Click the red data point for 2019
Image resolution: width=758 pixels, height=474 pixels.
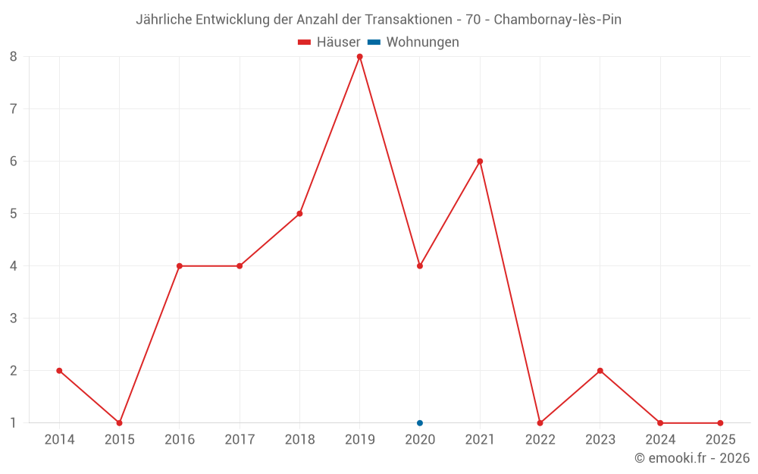tap(359, 56)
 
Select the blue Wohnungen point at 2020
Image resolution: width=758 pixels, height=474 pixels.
tap(420, 423)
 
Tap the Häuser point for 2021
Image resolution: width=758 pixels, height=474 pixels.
tap(480, 161)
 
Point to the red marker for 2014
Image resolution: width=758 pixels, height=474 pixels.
tap(59, 371)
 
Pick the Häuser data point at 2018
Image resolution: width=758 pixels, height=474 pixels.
tap(299, 214)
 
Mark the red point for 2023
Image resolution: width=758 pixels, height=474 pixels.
tap(600, 371)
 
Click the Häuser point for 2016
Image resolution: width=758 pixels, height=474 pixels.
tap(180, 266)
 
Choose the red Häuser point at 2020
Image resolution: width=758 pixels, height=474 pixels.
tap(420, 266)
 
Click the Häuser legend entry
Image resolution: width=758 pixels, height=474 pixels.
tap(329, 42)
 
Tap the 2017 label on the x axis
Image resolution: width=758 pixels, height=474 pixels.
tap(240, 440)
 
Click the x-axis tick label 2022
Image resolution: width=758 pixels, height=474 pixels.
tap(540, 440)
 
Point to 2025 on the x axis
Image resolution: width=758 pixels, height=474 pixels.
tap(720, 440)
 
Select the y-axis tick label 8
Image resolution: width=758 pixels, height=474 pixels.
tap(14, 56)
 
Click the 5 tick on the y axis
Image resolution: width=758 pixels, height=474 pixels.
tap(14, 214)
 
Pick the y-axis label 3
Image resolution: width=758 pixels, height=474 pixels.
tap(14, 319)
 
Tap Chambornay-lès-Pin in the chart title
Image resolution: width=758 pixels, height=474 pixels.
tap(557, 20)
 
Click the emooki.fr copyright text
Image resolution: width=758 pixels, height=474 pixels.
tap(692, 458)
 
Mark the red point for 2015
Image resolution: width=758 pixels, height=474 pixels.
tap(119, 423)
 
